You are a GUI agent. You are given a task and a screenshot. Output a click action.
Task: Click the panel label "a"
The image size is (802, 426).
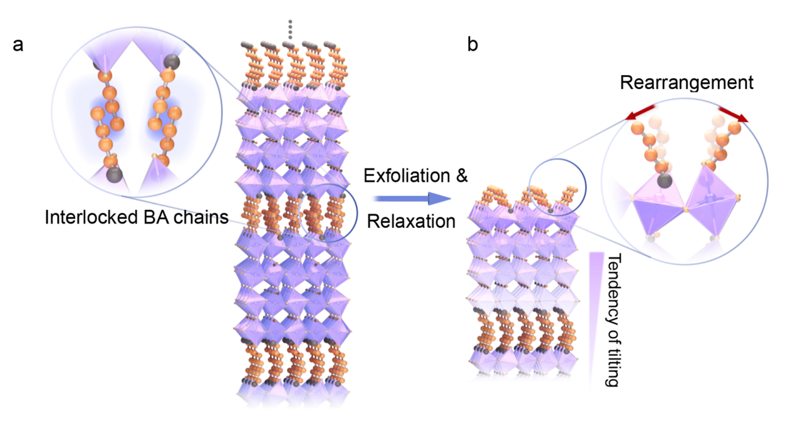coord(18,46)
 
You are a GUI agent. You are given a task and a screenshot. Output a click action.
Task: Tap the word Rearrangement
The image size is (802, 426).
coord(687,83)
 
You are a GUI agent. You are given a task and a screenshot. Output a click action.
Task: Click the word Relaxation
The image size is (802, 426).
coord(410,221)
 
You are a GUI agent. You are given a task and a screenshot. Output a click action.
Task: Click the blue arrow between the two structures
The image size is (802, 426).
coord(411,199)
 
